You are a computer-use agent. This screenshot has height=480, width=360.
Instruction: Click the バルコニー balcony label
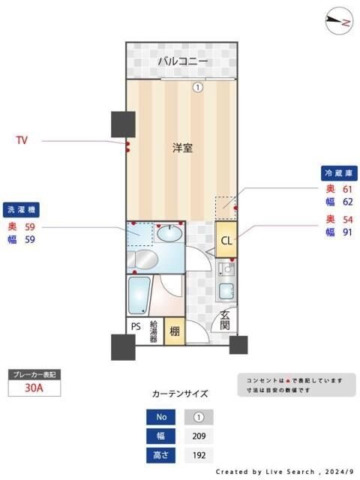182,61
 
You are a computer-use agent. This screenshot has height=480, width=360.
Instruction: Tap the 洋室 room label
182,148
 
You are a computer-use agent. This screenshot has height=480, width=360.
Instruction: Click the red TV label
24,140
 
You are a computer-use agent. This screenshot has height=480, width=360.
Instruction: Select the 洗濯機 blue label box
23,209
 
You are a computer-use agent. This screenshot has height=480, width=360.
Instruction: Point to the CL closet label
226,241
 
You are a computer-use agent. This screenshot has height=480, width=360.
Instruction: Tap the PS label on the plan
136,327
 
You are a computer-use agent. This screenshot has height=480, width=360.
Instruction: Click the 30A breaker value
33,388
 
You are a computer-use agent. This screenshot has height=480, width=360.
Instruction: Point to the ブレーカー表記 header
33,374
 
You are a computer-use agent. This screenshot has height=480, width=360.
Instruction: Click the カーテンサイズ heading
179,393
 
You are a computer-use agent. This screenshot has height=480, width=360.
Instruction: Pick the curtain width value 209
199,436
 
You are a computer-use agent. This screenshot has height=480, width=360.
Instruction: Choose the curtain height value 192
199,454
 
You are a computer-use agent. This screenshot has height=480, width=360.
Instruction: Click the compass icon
340,21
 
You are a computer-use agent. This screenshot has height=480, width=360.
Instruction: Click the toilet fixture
143,259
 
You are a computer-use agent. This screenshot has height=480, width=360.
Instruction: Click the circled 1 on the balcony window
197,87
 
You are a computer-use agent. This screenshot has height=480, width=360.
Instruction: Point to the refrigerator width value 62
348,202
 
